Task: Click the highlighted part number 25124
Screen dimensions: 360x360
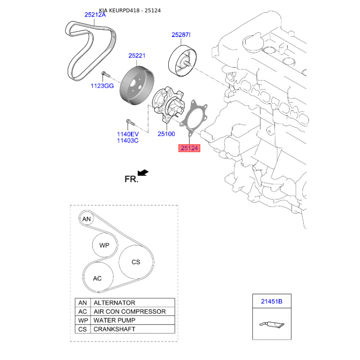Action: click(189, 148)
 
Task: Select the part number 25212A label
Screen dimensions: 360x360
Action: click(95, 15)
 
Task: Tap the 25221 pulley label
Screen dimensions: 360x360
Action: click(137, 55)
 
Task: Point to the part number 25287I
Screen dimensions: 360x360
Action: click(181, 35)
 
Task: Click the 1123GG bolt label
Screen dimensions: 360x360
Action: click(102, 86)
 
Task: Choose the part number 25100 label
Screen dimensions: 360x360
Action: click(166, 134)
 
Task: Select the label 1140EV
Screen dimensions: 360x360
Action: click(128, 134)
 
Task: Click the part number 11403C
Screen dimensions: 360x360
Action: click(128, 140)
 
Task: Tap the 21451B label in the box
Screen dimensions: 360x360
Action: click(272, 301)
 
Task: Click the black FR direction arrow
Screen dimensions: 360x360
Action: click(143, 173)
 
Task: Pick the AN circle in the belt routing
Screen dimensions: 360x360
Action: click(86, 219)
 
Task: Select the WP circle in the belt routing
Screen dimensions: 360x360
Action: click(104, 245)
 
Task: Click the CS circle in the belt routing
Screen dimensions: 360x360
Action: click(136, 262)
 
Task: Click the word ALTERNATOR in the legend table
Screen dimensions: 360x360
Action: click(114, 303)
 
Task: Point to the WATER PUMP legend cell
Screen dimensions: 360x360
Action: click(133, 320)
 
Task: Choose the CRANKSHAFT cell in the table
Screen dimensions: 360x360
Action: click(133, 329)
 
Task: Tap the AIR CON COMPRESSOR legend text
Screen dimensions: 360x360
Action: click(130, 311)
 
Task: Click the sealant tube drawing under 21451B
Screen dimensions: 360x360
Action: click(272, 324)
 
